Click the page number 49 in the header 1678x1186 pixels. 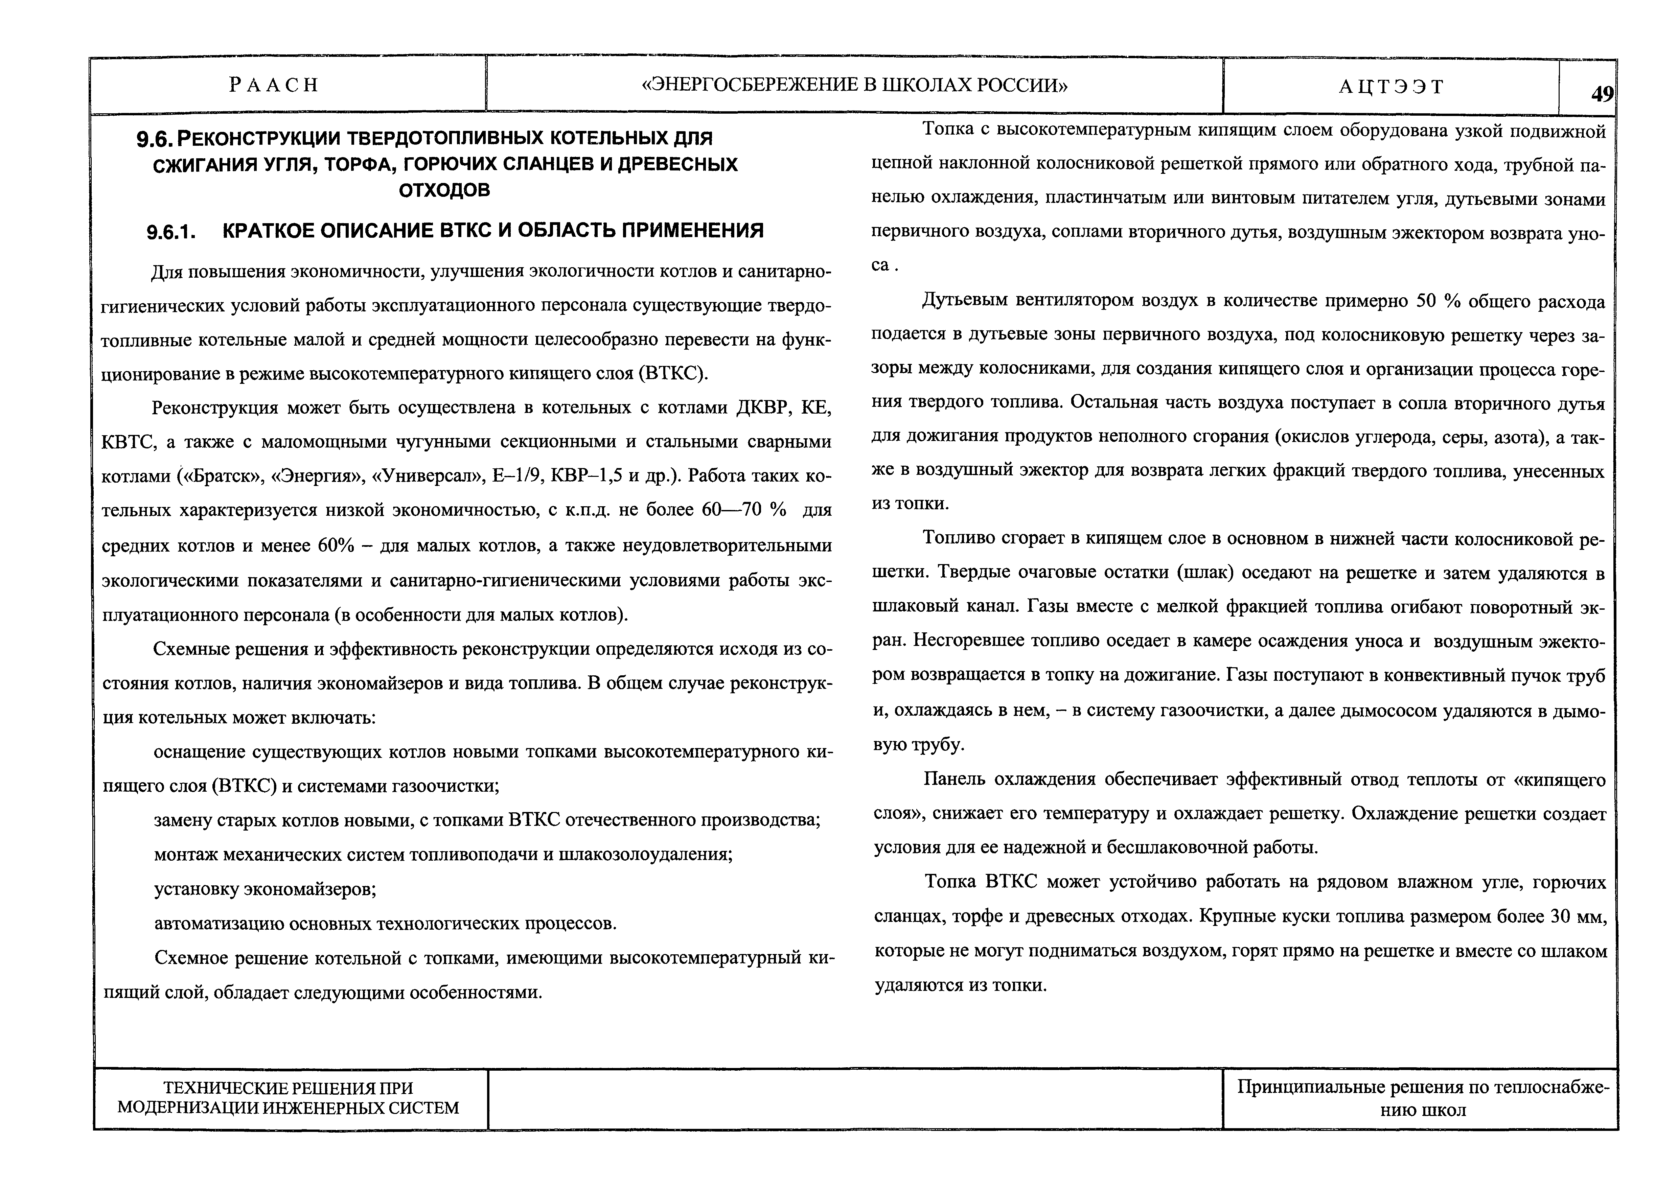point(1602,94)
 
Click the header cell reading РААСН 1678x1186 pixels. point(274,86)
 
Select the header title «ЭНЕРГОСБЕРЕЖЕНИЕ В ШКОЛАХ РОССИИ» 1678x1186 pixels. point(854,86)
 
